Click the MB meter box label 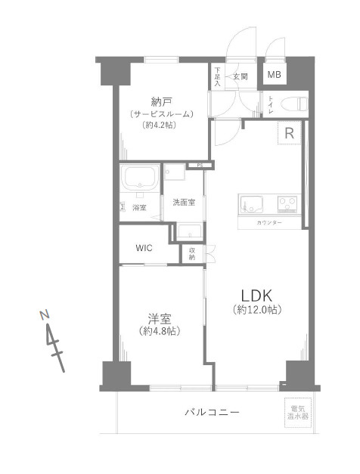(x=274, y=75)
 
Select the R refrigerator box (x=289, y=133)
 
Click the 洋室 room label (x=159, y=318)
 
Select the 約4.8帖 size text (x=160, y=332)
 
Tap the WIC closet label (x=146, y=248)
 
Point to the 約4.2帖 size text (x=161, y=125)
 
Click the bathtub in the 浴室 (x=139, y=178)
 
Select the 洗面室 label (x=183, y=203)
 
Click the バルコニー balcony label (x=213, y=412)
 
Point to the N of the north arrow (x=46, y=313)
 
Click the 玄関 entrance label (x=241, y=76)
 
